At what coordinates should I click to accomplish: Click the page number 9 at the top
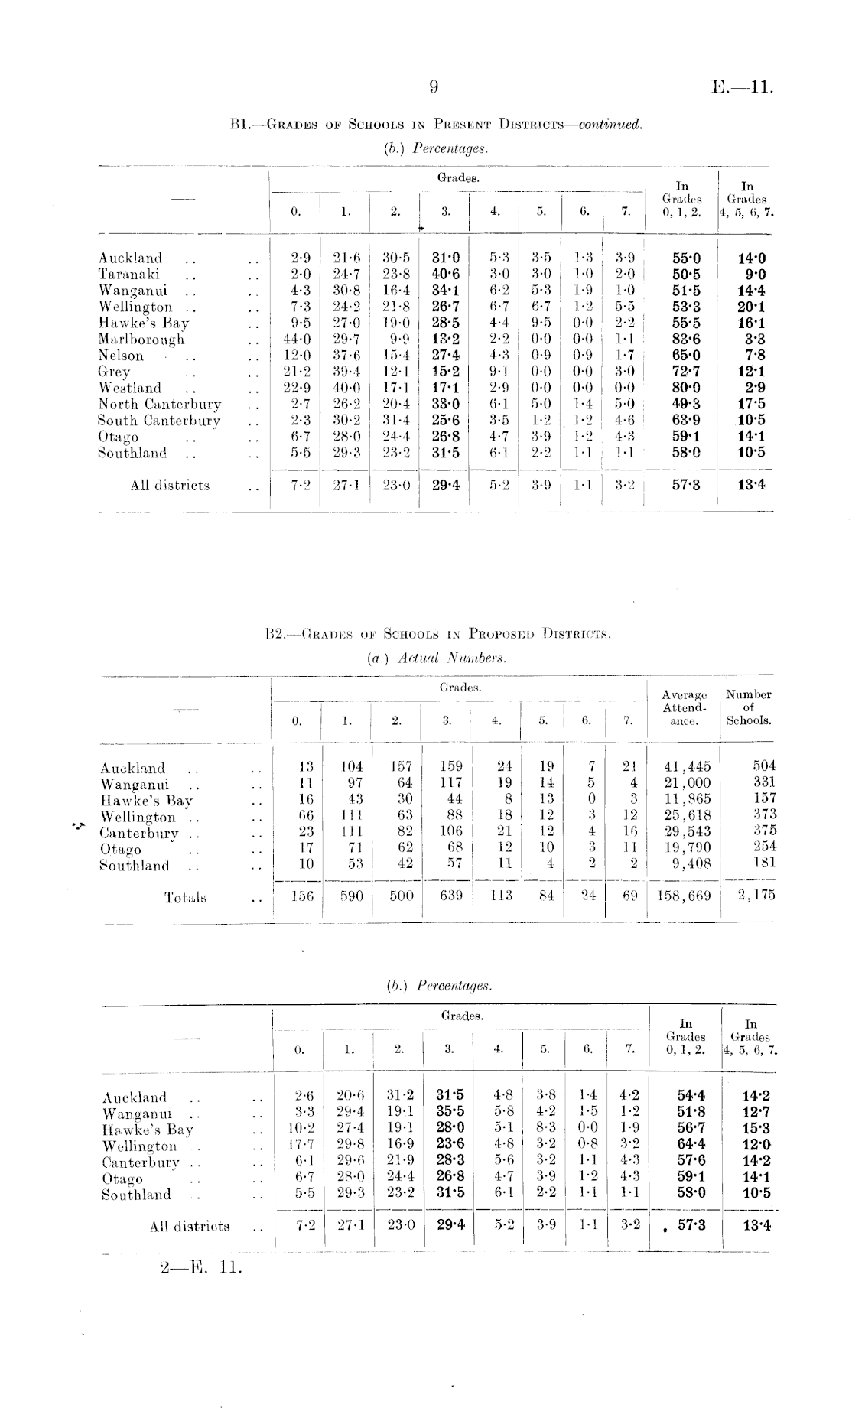point(433,87)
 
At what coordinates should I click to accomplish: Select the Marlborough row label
point(141,340)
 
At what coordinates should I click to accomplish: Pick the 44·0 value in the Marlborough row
point(295,340)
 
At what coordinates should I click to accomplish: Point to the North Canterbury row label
point(160,405)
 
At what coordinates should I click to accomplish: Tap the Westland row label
point(130,389)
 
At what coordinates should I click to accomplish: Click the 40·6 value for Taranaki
point(444,275)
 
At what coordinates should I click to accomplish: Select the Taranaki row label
point(128,275)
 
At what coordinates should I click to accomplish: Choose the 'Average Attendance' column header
point(684,707)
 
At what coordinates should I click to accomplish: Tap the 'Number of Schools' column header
point(748,707)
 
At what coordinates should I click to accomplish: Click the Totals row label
point(185,898)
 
